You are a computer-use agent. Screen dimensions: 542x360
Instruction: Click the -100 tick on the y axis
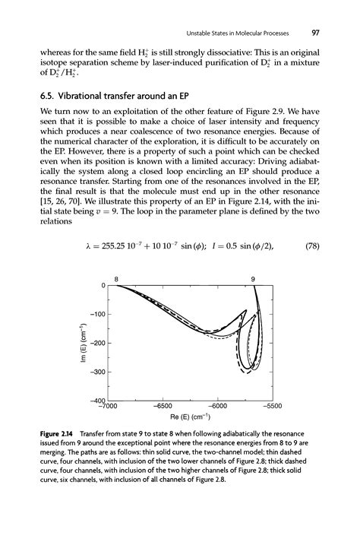[93, 313]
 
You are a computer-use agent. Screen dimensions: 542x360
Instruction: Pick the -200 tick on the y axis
[93, 343]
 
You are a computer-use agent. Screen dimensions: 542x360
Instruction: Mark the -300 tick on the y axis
[93, 372]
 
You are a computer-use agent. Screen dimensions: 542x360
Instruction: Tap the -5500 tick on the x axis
[270, 407]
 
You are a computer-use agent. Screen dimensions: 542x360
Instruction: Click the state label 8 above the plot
[117, 279]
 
